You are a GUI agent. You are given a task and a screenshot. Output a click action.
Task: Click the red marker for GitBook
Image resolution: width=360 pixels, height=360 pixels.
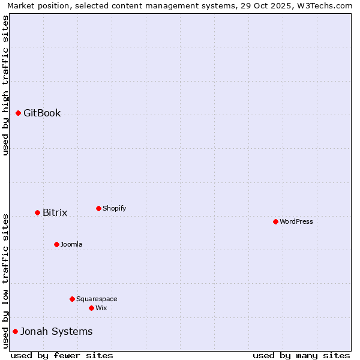[x=18, y=113]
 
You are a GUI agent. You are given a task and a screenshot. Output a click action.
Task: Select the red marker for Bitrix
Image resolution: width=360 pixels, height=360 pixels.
[x=37, y=212]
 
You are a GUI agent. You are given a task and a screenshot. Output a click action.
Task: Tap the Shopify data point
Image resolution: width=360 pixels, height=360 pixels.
[x=98, y=208]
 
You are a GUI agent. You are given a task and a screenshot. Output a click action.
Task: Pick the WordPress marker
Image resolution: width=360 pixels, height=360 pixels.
[x=275, y=221]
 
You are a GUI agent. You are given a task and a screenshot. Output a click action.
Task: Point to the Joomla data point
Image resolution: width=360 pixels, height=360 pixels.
[x=56, y=244]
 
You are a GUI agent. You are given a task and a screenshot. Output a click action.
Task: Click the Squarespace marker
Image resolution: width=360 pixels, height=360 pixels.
[x=72, y=299]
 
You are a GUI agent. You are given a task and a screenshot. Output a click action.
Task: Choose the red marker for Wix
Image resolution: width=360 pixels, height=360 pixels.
[x=91, y=308]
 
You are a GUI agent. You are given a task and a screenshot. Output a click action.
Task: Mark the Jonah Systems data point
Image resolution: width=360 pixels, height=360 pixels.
[x=15, y=331]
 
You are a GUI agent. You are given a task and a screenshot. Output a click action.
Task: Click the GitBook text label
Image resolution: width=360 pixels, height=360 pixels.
[x=42, y=113]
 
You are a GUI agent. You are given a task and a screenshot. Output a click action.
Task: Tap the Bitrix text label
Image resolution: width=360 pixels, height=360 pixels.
[x=55, y=212]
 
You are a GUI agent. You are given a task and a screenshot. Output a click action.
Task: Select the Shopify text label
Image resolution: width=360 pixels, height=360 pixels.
[x=114, y=208]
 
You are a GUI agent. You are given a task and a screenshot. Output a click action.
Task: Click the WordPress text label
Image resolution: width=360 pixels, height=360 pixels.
[x=296, y=221]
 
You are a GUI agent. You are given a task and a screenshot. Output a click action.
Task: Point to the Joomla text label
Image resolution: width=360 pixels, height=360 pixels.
[x=71, y=244]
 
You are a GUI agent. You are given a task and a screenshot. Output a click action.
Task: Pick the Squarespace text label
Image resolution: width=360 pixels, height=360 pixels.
[x=97, y=299]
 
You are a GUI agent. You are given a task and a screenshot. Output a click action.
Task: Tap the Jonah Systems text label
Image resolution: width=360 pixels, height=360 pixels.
[x=56, y=331]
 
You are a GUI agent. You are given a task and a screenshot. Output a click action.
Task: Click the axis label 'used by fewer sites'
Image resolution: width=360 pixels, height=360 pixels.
[x=62, y=355]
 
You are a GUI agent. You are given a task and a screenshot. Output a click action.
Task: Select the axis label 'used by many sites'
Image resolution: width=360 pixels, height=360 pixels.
[x=301, y=355]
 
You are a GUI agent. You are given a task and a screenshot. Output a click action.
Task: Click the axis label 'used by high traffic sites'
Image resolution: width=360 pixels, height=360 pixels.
[x=5, y=85]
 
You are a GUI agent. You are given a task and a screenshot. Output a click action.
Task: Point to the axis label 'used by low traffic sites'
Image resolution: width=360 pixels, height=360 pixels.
[x=5, y=281]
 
